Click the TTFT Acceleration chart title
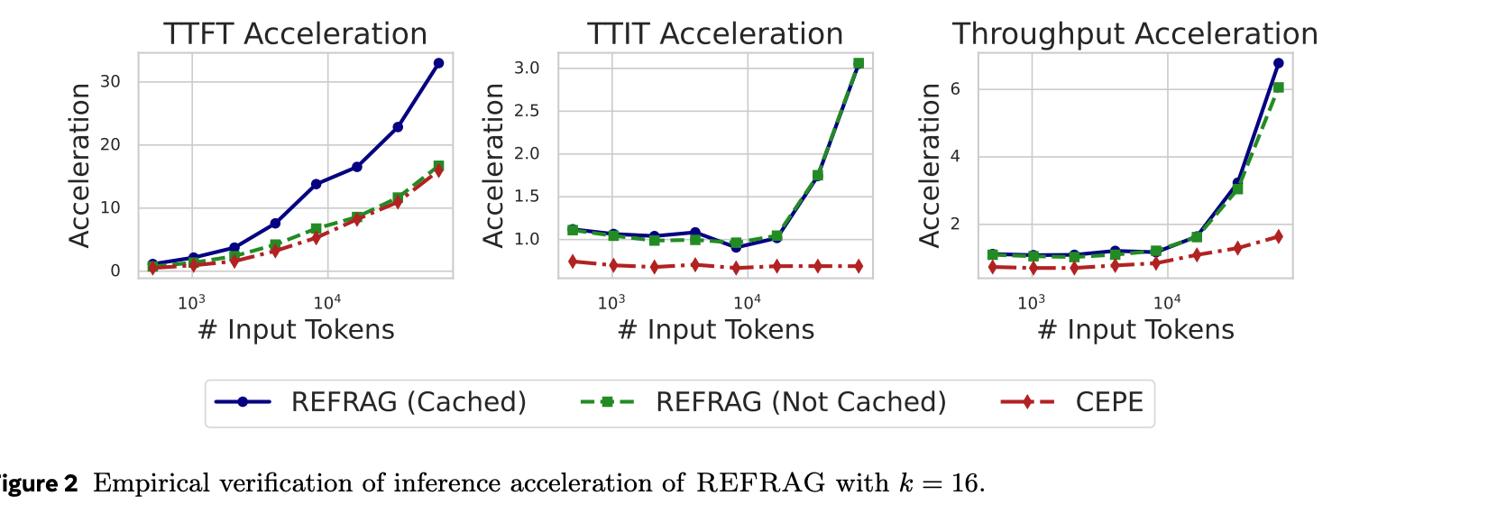(x=295, y=34)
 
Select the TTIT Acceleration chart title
(x=715, y=34)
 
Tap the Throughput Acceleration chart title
(x=1134, y=34)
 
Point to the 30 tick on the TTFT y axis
(x=110, y=81)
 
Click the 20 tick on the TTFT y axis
(x=110, y=144)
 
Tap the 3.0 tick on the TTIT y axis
(x=527, y=69)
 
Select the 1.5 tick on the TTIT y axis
(x=527, y=197)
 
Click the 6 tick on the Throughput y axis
(x=955, y=88)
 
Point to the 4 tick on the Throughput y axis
(x=955, y=156)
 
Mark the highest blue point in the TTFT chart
(x=438, y=63)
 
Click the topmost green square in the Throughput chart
(x=1278, y=87)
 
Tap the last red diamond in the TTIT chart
(x=858, y=266)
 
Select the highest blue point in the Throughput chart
(x=1278, y=63)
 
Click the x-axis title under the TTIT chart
(x=716, y=330)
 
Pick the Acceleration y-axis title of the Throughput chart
(x=930, y=165)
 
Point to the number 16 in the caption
(x=964, y=484)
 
